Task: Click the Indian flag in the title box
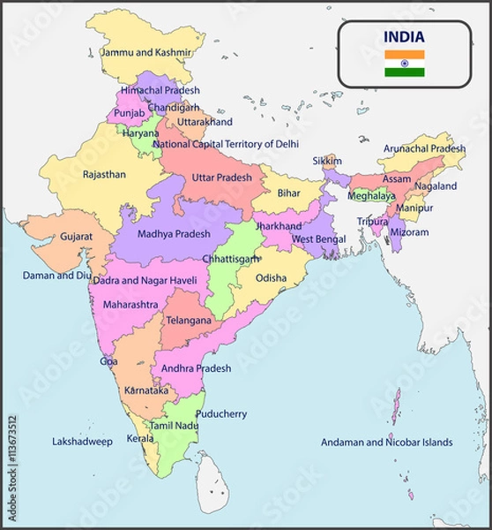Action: pos(404,64)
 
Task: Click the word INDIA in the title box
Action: pos(404,37)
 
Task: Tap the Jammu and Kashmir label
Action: pos(145,53)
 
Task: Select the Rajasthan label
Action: pos(104,175)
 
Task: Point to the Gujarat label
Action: pos(76,238)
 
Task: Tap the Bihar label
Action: pos(288,193)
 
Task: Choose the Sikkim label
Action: pos(327,162)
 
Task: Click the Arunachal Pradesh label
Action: pos(423,148)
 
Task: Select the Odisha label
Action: pos(271,278)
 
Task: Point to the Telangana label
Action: pos(189,321)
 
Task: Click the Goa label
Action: pos(108,361)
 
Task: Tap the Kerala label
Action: pos(139,438)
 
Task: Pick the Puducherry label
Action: pos(220,413)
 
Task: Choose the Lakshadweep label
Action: pos(82,442)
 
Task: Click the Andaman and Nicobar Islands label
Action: pos(386,443)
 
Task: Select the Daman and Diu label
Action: pos(56,276)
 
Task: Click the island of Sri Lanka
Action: pos(212,481)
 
